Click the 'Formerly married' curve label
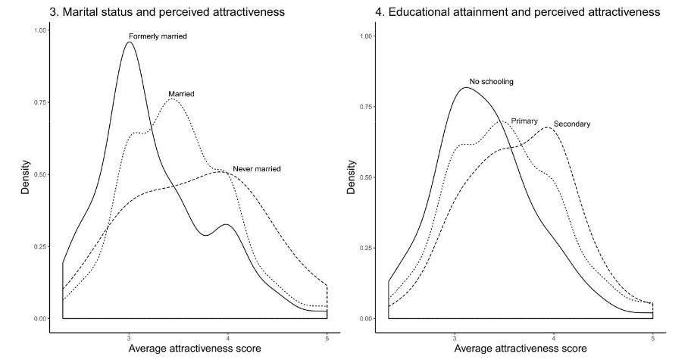tap(158, 36)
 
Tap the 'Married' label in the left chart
tap(181, 94)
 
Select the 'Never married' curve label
tap(257, 168)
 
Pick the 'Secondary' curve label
tap(572, 124)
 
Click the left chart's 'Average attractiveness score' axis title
tap(195, 348)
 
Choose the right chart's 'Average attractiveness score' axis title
tap(521, 348)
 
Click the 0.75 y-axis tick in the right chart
tap(367, 107)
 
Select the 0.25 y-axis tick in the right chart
tap(367, 248)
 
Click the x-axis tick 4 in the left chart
tap(228, 331)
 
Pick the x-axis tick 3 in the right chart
tap(455, 331)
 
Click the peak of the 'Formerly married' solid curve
tap(129, 42)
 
